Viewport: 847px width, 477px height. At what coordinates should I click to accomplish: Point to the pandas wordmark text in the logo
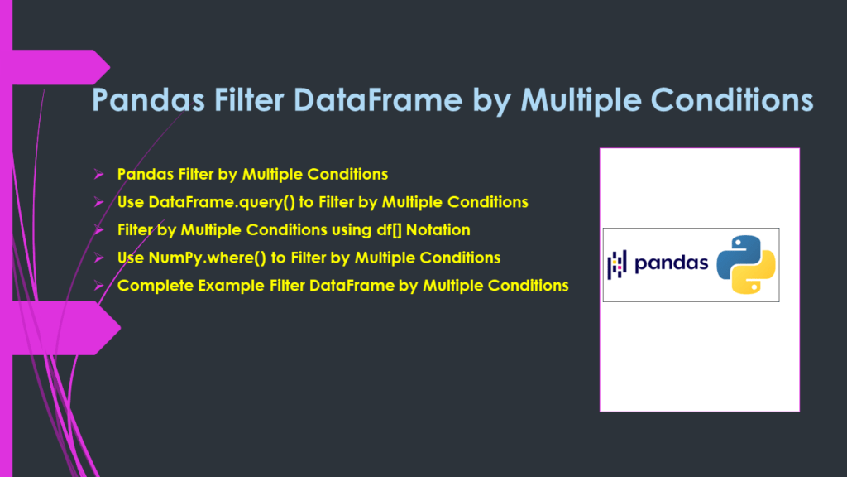[x=671, y=264]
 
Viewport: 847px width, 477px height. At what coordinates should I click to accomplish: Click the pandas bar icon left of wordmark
[x=616, y=264]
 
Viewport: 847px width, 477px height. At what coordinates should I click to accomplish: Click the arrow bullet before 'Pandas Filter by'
[x=98, y=175]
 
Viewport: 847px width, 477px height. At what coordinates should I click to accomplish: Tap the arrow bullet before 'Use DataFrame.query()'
[x=98, y=202]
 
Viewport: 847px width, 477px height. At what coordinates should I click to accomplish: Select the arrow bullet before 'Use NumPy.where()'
[x=98, y=258]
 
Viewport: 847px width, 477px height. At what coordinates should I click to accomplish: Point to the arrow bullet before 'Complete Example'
[x=98, y=286]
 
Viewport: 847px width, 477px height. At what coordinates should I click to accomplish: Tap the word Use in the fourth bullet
[x=131, y=258]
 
